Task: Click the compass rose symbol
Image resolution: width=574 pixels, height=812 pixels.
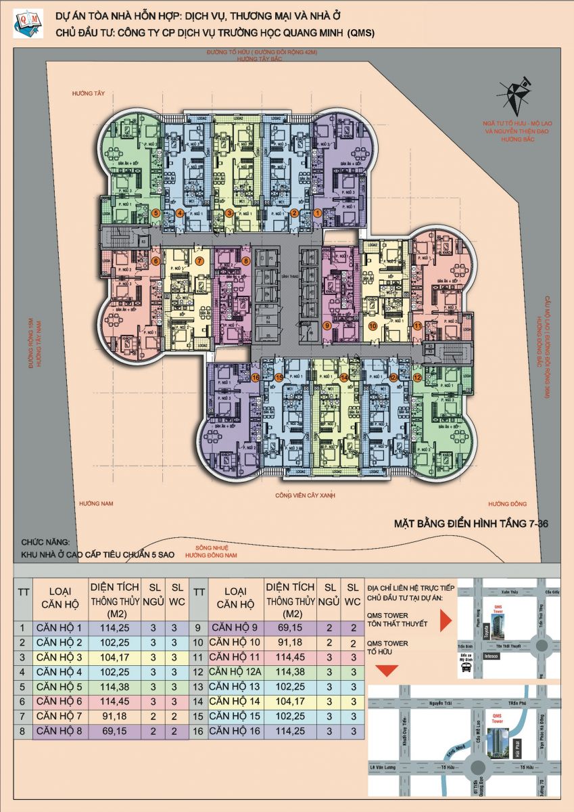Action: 516,94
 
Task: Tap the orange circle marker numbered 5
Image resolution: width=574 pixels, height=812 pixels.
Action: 156,213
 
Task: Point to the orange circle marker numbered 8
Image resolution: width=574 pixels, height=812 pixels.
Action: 246,261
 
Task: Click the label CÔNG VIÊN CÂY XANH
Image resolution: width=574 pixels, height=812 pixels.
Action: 305,495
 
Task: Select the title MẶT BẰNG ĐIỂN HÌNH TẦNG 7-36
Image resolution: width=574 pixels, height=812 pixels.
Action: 471,524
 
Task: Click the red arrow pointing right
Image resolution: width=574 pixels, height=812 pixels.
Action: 445,619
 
